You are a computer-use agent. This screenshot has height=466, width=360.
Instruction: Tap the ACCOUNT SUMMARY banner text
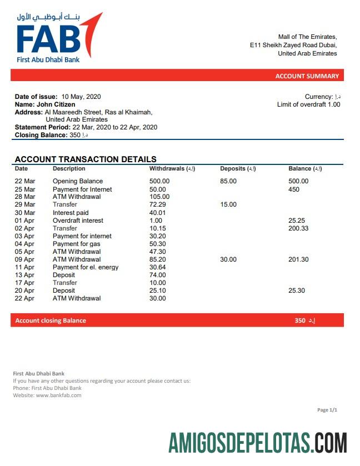pos(307,76)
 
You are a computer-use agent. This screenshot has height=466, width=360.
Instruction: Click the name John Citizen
pos(56,104)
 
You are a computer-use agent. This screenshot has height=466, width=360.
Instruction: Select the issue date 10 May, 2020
pos(81,97)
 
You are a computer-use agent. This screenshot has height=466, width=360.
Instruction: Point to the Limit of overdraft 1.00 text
pos(308,104)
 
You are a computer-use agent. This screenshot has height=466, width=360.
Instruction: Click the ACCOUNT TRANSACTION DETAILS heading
pos(86,159)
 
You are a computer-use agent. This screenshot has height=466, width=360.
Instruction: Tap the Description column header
pos(69,168)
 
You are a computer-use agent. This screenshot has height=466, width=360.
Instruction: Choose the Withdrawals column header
pos(172,168)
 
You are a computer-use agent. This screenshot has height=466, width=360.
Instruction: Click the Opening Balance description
pos(78,181)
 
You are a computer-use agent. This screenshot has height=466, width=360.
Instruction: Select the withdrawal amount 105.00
pos(159,197)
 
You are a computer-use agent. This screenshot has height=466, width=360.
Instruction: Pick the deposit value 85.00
pos(228,181)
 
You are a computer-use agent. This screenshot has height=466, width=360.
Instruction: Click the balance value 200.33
pos(298,228)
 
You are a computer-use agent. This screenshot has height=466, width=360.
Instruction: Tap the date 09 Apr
pos(24,259)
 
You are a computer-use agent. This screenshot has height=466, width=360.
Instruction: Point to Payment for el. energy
pos(86,267)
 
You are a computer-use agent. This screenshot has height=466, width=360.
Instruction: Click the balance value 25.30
pos(297,290)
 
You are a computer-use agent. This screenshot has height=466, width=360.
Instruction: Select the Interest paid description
pos(71,213)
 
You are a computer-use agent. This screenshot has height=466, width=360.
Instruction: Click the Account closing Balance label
pos(51,320)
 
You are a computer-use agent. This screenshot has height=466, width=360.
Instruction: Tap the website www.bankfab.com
pos(59,395)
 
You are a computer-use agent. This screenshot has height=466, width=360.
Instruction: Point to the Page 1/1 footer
pos(327,410)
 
